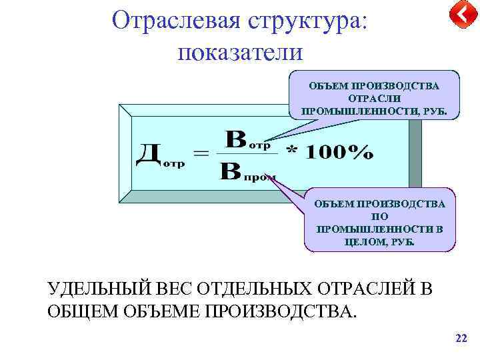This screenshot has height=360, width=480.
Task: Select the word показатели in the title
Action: coord(240,51)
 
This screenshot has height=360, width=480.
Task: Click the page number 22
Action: coord(461,339)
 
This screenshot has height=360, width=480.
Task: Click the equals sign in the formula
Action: coord(200,154)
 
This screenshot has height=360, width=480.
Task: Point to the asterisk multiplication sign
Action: coord(291,152)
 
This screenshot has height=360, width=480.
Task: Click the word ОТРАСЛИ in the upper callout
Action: coord(374,98)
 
